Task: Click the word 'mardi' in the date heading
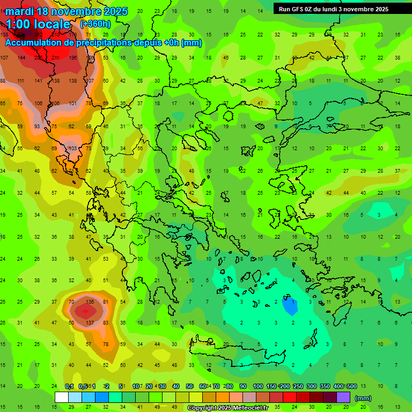(x=20, y=11)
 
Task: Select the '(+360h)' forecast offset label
(x=96, y=24)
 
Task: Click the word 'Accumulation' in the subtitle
(x=36, y=42)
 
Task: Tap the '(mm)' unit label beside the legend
(x=363, y=398)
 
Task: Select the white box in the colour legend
(x=62, y=397)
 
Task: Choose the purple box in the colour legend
(x=343, y=397)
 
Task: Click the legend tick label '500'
(x=352, y=386)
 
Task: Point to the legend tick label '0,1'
(x=69, y=386)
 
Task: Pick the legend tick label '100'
(x=258, y=386)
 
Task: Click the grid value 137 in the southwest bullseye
(x=90, y=322)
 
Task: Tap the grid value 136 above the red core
(x=90, y=302)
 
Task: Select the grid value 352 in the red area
(x=39, y=35)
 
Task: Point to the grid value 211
(x=55, y=58)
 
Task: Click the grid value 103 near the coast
(x=73, y=148)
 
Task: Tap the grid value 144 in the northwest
(x=21, y=58)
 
